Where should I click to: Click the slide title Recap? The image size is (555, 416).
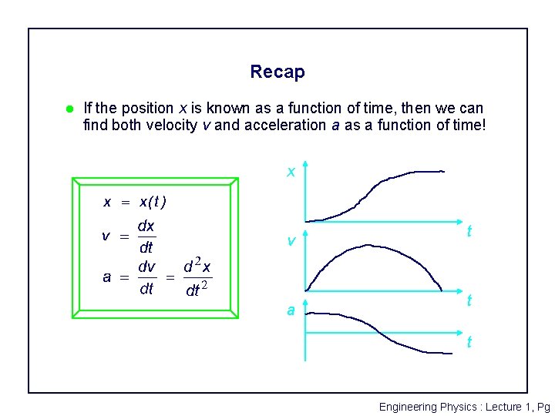point(277,72)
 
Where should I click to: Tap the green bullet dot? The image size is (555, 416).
point(69,109)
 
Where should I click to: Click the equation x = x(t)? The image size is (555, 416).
point(136,203)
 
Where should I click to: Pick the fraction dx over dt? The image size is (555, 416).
point(146,237)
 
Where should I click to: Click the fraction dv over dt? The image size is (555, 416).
point(146,277)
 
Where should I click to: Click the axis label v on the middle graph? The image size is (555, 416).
point(291,241)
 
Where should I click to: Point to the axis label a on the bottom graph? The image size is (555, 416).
point(291,310)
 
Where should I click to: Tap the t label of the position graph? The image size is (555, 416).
point(469,231)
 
